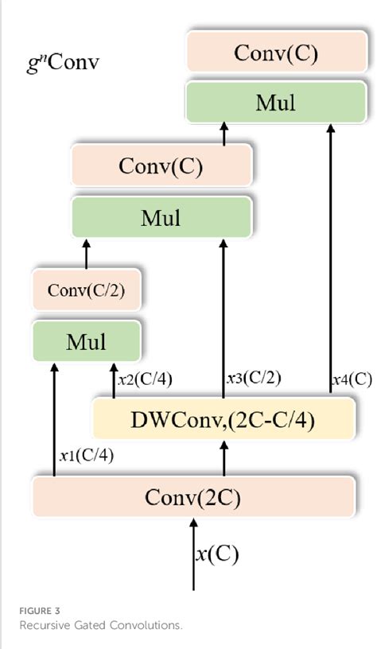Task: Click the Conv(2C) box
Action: point(192,497)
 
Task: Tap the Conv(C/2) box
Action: point(86,290)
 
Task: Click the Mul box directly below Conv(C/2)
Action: point(86,342)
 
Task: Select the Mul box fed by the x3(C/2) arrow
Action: point(161,216)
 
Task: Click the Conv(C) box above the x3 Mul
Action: point(161,166)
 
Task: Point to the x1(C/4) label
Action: point(85,456)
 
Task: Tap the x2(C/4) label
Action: point(144,380)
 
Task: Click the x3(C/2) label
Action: point(254,380)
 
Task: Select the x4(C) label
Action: point(352,380)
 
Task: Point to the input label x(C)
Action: point(217,554)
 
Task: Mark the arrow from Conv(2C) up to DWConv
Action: point(223,458)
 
